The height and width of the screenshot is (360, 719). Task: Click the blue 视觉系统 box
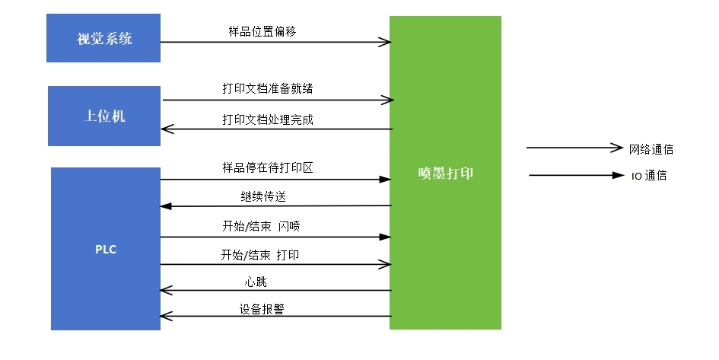pos(103,38)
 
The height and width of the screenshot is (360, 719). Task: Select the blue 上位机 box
pos(104,116)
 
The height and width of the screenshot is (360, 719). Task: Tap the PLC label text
pos(106,250)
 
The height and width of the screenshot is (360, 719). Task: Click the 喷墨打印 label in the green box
pos(445,173)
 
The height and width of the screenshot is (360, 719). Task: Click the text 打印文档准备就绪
pos(267,88)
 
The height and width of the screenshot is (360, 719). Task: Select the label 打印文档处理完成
pos(267,119)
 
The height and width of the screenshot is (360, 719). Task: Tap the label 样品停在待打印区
pos(267,167)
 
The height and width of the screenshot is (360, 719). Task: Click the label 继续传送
pos(263,196)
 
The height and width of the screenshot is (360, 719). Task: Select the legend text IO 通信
pos(649,176)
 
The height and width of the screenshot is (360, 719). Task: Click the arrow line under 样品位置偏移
pos(275,42)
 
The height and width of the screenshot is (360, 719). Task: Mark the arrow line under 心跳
pos(275,290)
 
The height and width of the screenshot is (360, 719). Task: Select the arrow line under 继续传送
pos(275,205)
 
